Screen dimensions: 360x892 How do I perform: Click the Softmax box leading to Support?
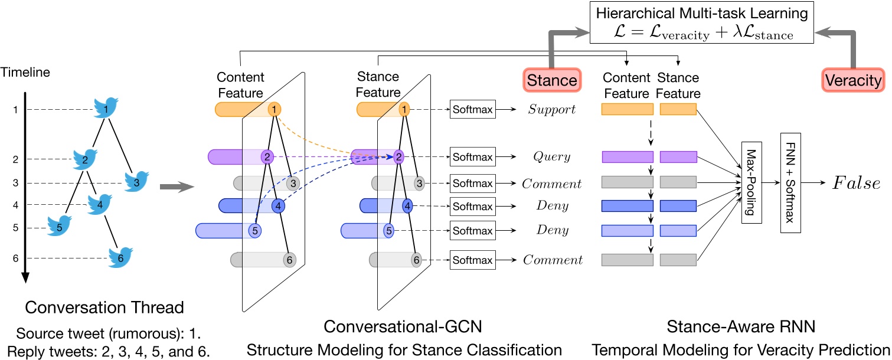point(472,110)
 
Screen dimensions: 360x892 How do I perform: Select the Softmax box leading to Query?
point(472,158)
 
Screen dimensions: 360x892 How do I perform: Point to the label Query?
point(551,158)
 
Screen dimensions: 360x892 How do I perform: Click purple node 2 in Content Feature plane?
point(267,157)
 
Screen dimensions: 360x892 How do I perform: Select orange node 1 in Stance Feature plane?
point(404,109)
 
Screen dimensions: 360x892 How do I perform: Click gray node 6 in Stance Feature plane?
point(416,259)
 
